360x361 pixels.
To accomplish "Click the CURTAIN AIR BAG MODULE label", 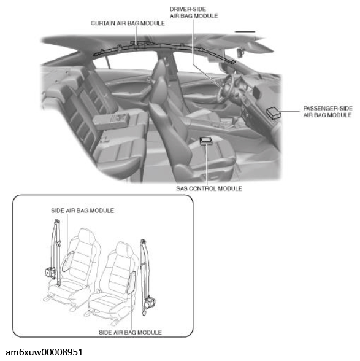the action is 128,23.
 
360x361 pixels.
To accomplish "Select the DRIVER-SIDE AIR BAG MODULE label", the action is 194,12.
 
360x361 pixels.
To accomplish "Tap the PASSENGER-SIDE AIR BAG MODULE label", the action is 327,112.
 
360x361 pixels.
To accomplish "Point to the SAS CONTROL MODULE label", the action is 209,188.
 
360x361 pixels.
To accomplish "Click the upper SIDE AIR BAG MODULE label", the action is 82,211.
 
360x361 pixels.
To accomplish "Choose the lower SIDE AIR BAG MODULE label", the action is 130,333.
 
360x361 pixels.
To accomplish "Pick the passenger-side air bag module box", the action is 274,113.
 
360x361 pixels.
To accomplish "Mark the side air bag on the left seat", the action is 68,262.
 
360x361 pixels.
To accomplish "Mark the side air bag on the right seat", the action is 132,282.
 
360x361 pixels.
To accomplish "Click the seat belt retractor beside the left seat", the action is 50,273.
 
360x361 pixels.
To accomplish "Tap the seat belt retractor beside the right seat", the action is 150,301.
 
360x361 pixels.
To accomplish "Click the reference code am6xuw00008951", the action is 44,352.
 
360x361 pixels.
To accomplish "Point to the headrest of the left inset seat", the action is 85,236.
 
